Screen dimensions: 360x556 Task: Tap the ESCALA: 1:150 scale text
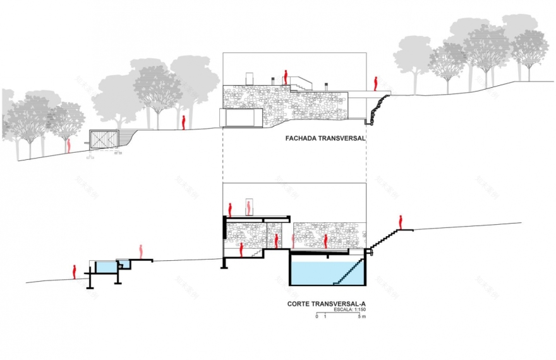tap(350, 310)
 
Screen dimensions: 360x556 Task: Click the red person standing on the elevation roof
tap(286, 77)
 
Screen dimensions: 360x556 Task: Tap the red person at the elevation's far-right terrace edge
tap(376, 83)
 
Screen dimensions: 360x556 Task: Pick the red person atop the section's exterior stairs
tap(401, 222)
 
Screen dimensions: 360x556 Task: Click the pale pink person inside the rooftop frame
tap(250, 207)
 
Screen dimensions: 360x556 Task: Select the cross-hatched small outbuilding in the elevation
tap(104, 139)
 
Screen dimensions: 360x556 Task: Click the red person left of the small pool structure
tap(75, 272)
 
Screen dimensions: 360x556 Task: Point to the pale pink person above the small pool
tap(142, 252)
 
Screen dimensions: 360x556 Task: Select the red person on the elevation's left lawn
tap(183, 122)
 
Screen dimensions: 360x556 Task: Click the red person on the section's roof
tap(231, 209)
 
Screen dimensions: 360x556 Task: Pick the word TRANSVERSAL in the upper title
tap(338, 139)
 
